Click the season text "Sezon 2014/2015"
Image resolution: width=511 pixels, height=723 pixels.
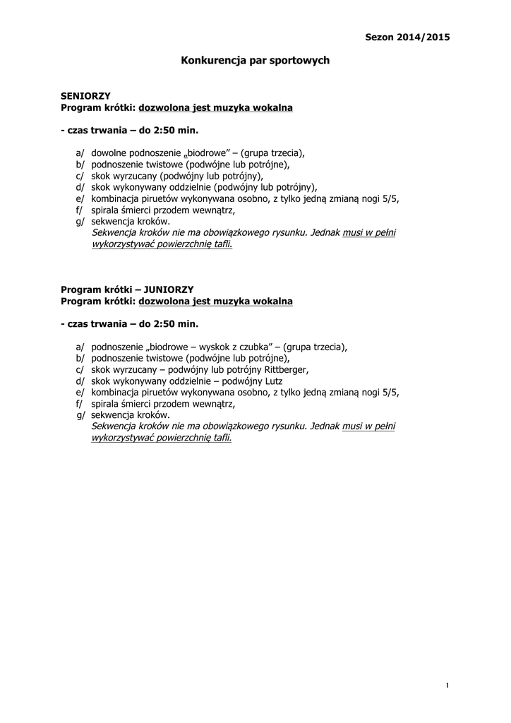tap(407, 36)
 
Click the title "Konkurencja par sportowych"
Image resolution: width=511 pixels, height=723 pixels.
tap(255, 61)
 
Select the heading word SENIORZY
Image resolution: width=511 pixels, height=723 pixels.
tap(85, 95)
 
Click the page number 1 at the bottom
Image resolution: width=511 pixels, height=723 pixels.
tap(447, 686)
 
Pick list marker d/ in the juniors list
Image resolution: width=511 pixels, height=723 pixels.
tap(80, 381)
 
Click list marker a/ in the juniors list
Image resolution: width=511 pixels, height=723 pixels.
tap(80, 347)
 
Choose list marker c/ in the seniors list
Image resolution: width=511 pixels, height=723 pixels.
tap(80, 176)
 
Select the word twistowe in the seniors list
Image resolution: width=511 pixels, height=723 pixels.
tap(163, 165)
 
